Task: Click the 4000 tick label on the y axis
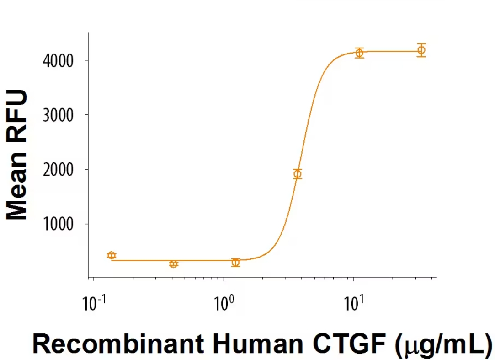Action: point(60,61)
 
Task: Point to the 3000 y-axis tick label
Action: point(60,115)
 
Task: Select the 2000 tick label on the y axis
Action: point(60,170)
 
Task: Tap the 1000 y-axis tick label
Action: point(60,224)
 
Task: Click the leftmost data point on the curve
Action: point(112,255)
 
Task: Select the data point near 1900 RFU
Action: point(298,174)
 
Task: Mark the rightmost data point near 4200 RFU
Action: point(421,50)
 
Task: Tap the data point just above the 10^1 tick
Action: point(360,53)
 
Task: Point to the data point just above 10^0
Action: point(236,262)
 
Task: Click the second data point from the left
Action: point(174,264)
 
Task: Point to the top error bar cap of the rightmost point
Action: point(421,44)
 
